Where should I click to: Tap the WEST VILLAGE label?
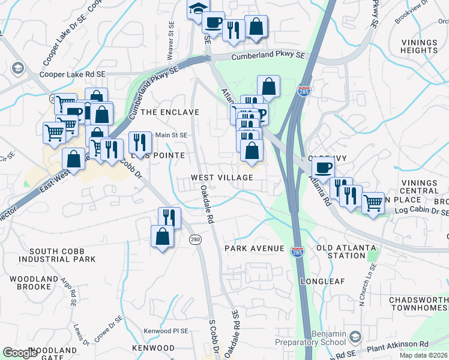[222, 178]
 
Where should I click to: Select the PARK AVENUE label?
[254, 248]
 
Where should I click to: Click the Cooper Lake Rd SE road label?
[72, 74]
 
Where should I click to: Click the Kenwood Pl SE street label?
[166, 331]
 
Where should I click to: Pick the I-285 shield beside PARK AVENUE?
[297, 250]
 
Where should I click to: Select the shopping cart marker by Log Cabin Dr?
[373, 202]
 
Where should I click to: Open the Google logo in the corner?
[20, 353]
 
